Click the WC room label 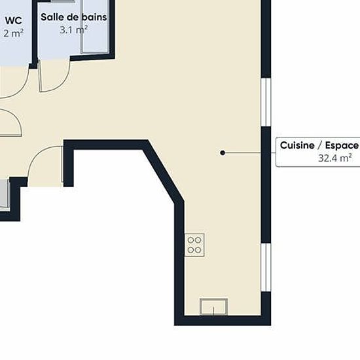(x=13, y=20)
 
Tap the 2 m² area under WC (x=13, y=33)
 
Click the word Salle (x=51, y=17)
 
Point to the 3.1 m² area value (x=74, y=30)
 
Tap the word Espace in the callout (x=342, y=145)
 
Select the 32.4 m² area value (x=335, y=158)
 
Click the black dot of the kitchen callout (x=223, y=153)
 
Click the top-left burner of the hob (x=190, y=240)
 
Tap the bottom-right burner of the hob (x=198, y=250)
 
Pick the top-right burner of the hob (x=198, y=240)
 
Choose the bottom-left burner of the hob (x=190, y=250)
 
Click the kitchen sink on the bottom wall (x=213, y=307)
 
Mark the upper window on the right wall (x=266, y=102)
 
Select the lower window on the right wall (x=266, y=268)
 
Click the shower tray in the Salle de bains (x=95, y=26)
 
